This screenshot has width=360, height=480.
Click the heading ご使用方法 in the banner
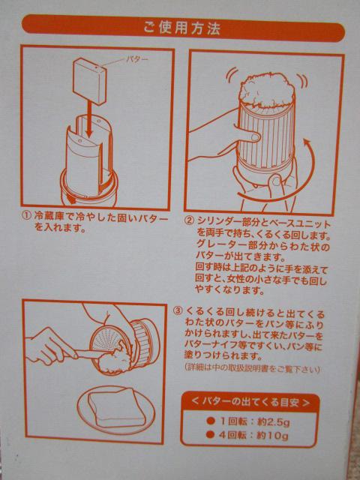(181, 28)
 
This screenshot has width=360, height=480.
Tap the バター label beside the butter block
(136, 59)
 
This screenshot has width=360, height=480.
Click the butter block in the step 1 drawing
(90, 81)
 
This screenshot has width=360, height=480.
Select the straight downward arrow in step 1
(89, 118)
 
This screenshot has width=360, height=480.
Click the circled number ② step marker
(190, 221)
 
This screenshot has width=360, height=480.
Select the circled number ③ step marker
(178, 311)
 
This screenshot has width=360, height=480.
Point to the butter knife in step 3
(88, 354)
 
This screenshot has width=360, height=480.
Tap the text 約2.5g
(273, 422)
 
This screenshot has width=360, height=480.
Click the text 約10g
(272, 435)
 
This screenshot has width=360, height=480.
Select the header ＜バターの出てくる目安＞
(250, 402)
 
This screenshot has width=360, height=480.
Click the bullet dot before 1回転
(210, 421)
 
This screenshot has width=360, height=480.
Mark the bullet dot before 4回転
(210, 435)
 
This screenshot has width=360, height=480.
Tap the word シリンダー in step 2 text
(220, 221)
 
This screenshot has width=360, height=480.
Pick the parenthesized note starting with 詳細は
(252, 370)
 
